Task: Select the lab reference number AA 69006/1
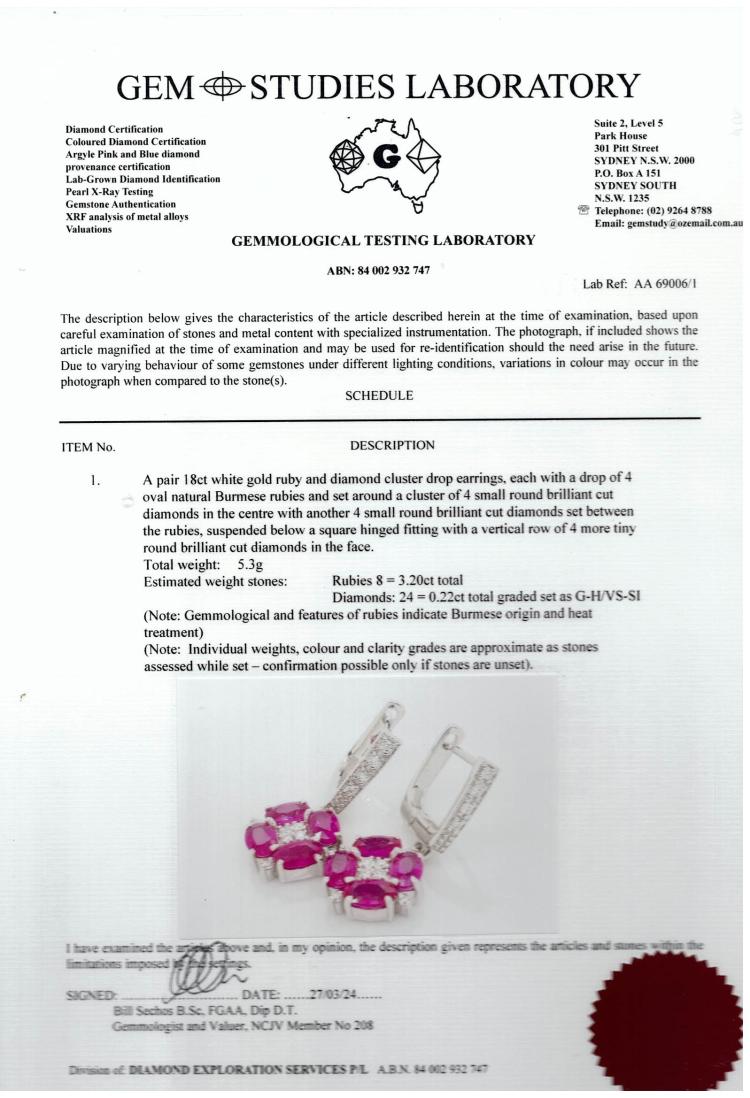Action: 660,285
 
